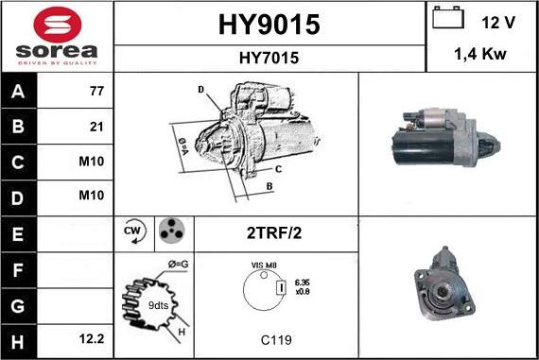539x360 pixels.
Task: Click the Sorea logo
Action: pos(57,37)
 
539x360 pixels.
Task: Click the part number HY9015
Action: pos(269,23)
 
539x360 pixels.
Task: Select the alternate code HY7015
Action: pos(269,58)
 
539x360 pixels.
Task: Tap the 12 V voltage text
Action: pos(498,21)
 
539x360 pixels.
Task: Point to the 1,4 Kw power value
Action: pos(482,56)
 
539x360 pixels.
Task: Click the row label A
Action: pos(17,93)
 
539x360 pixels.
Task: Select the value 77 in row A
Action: pos(96,93)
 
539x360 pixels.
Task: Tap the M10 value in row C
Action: pos(92,161)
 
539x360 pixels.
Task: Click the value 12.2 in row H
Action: pos(93,336)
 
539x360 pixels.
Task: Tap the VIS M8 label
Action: pos(264,266)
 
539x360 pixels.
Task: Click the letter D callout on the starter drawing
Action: pos(200,89)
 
